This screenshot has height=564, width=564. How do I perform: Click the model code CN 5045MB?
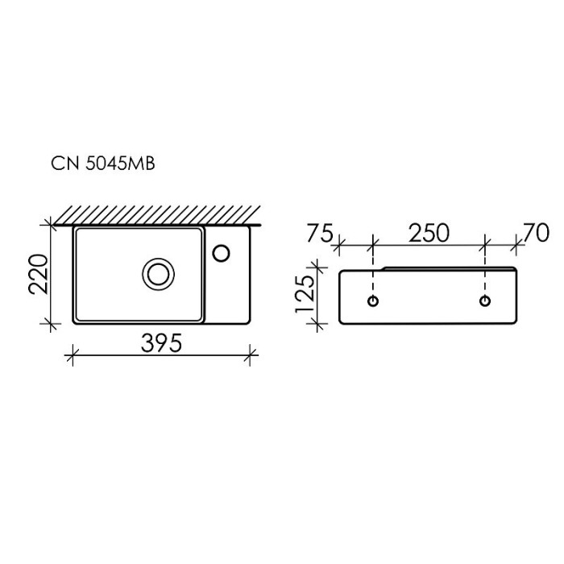(x=103, y=164)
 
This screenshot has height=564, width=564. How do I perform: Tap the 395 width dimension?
(x=161, y=342)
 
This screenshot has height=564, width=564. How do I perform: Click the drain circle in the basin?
(x=158, y=273)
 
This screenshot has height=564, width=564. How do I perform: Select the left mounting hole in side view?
(x=373, y=301)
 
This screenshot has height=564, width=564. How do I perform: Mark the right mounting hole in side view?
(x=485, y=301)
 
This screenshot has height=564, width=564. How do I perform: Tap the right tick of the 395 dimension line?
(x=252, y=353)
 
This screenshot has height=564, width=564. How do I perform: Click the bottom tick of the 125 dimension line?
(x=319, y=325)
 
